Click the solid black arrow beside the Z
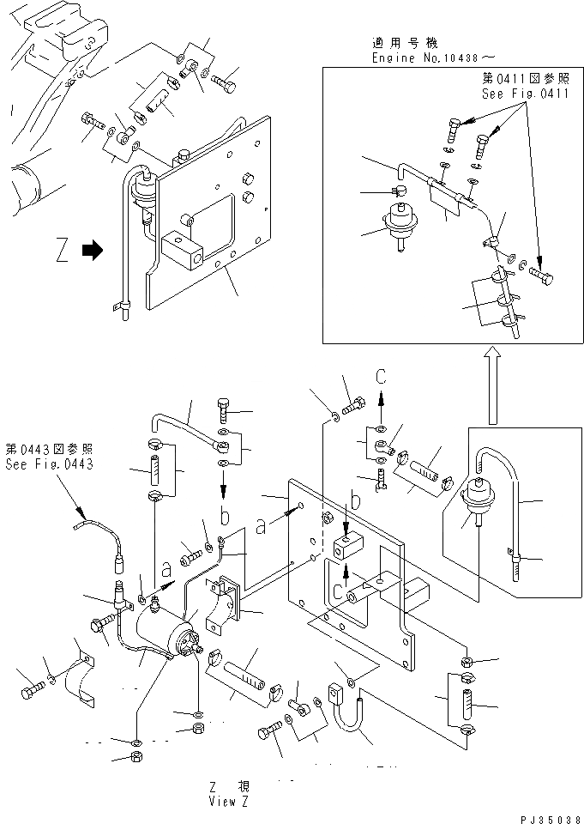coord(92,251)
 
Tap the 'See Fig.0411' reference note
coord(525,94)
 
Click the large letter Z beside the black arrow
coord(59,251)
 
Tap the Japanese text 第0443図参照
coord(49,450)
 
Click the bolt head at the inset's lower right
coord(542,278)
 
